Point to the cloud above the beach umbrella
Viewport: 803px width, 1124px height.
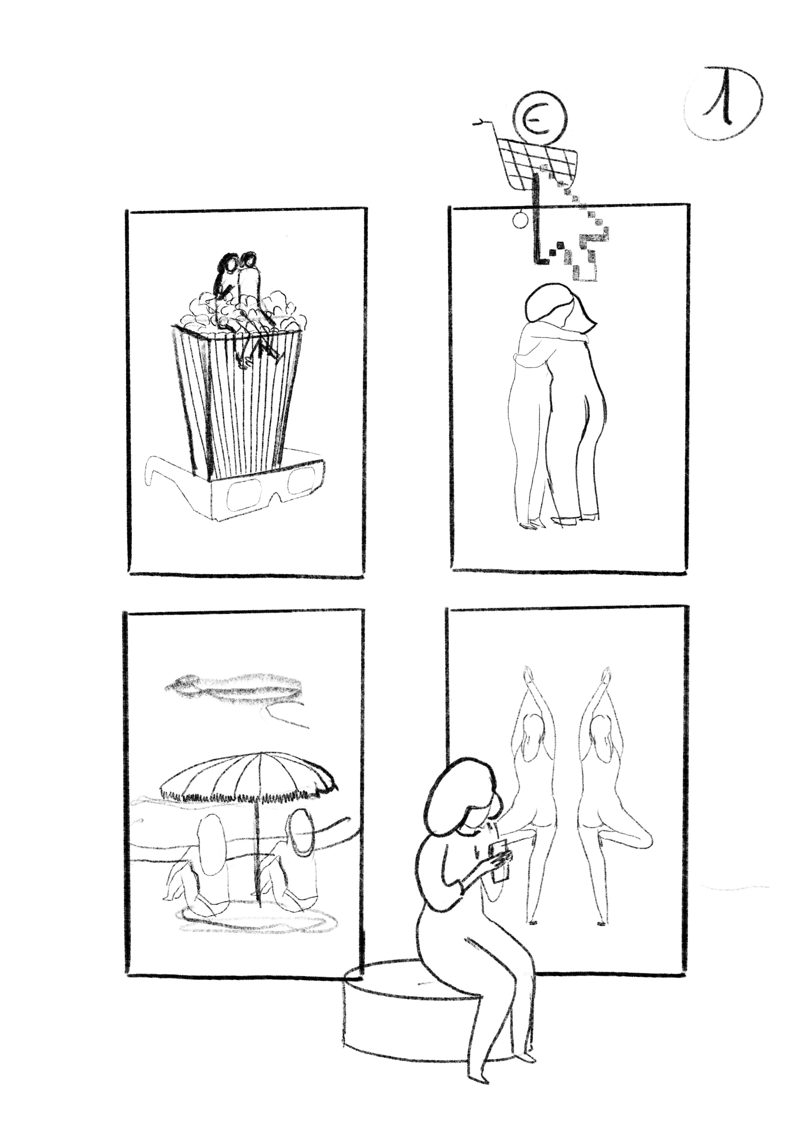232,687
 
